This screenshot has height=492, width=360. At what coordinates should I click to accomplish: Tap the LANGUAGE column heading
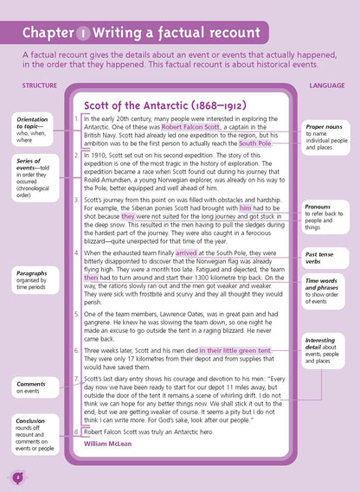point(326,85)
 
